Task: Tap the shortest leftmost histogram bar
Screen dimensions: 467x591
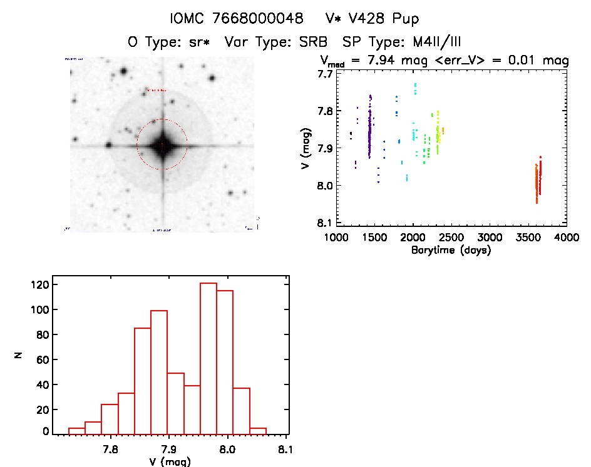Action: pyautogui.click(x=76, y=430)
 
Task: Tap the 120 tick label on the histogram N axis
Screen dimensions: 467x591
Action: pyautogui.click(x=40, y=285)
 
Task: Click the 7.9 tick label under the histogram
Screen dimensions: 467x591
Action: pyautogui.click(x=169, y=448)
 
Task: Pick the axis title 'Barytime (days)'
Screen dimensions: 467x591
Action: pyautogui.click(x=451, y=250)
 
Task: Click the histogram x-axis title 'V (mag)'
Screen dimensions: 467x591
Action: pyautogui.click(x=169, y=461)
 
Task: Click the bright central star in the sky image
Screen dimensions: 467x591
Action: pyautogui.click(x=162, y=145)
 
